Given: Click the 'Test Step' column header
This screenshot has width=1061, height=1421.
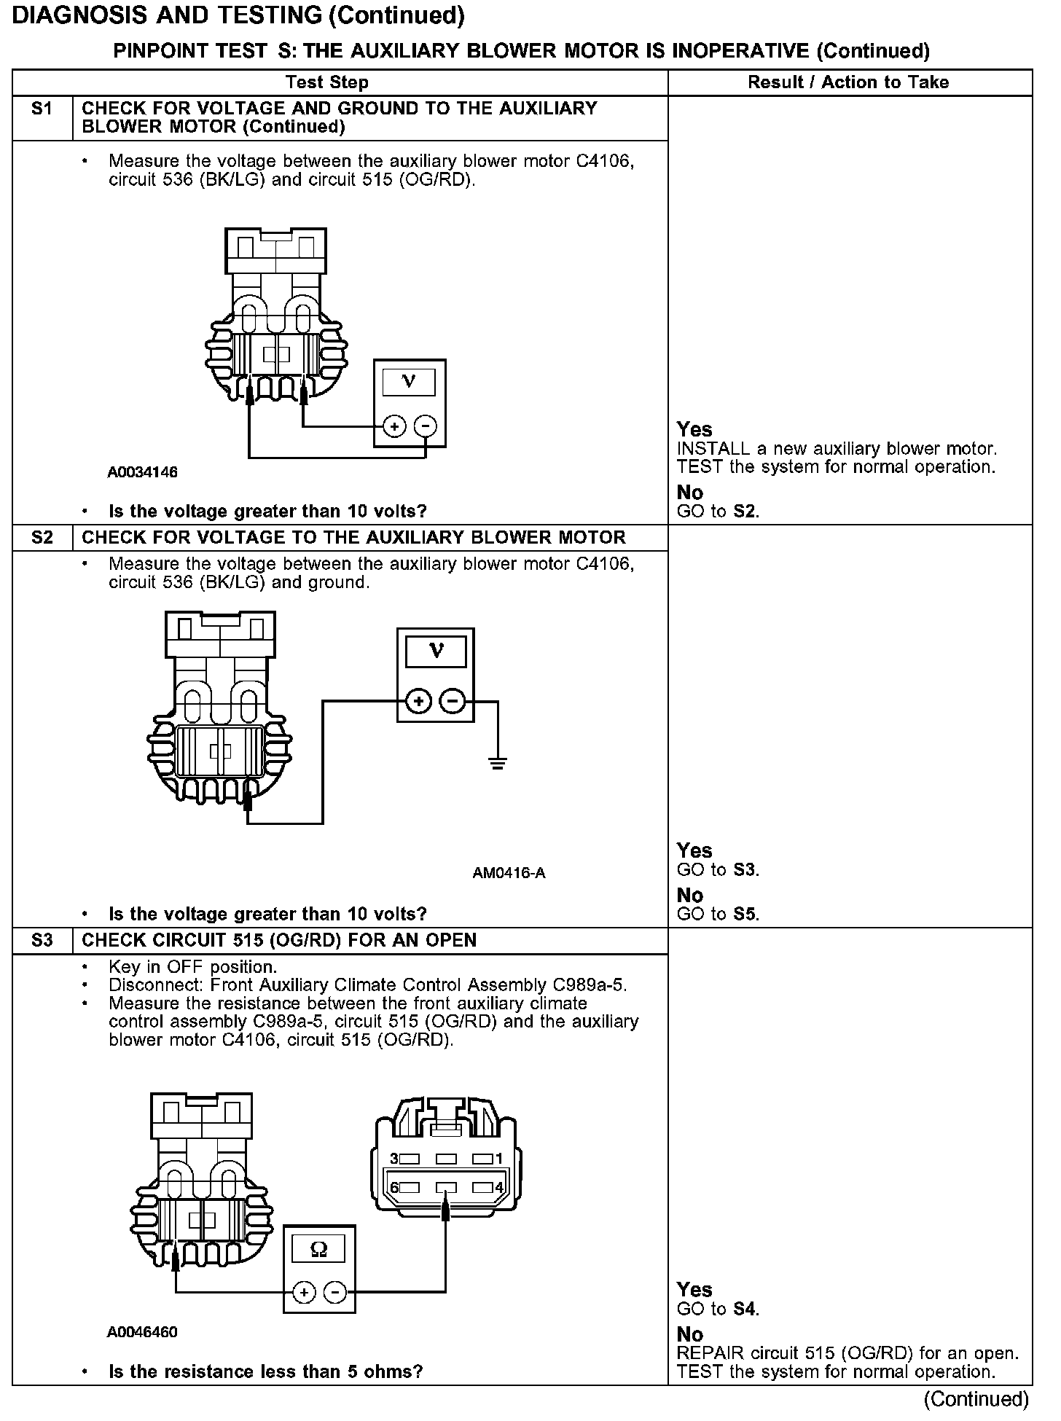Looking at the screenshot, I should (x=326, y=82).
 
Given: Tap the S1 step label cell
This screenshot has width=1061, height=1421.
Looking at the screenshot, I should (x=43, y=109).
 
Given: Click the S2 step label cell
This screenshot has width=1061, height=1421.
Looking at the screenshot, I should (x=43, y=538).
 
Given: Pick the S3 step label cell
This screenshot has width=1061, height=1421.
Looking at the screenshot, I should (x=43, y=941).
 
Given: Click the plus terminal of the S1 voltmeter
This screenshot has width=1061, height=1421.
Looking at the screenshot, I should (x=394, y=426).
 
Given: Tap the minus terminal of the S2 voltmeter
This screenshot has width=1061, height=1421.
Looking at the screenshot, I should (x=453, y=701).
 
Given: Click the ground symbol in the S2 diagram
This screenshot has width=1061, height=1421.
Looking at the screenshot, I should (x=498, y=764).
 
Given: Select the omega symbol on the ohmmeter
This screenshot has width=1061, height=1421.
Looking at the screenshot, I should (x=319, y=1250).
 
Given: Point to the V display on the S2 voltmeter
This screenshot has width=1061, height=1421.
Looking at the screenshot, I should (x=436, y=649).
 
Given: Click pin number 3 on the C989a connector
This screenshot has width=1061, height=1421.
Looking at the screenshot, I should (x=394, y=1158).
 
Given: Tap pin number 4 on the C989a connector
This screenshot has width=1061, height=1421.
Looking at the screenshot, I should (x=499, y=1187).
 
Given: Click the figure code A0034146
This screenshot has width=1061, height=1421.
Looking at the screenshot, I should (x=143, y=472).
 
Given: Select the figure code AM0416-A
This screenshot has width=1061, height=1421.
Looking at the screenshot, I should (x=509, y=873).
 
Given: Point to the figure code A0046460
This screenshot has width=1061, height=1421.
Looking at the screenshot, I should (x=143, y=1332).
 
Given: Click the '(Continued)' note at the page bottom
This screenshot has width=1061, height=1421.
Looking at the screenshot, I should (x=976, y=1399).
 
